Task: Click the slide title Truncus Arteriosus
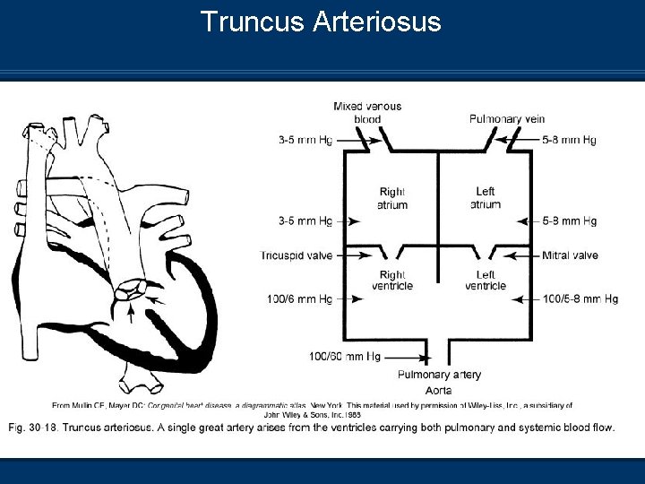pos(321,22)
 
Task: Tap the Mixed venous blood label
pos(367,112)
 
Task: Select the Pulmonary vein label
pos(507,119)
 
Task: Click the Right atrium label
pos(392,198)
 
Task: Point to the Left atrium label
pos(486,198)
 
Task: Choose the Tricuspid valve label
pos(297,255)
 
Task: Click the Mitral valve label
pos(570,255)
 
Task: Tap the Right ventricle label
pos(392,281)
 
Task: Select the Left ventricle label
pos(486,281)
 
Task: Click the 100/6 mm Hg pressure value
pos(299,298)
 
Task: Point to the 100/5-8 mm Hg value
pos(580,298)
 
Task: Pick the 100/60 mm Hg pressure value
pos(344,357)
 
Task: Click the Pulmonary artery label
pos(439,375)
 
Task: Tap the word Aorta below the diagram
pos(439,390)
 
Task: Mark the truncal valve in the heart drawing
pos(132,290)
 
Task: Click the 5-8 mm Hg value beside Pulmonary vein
pos(570,140)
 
